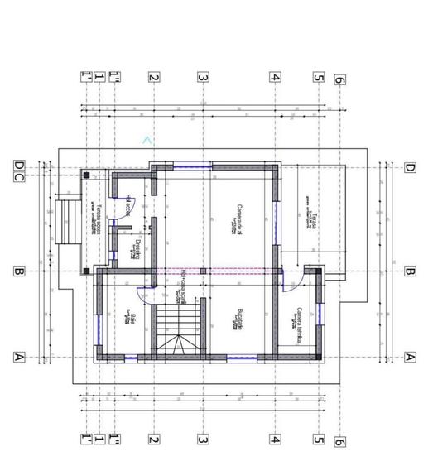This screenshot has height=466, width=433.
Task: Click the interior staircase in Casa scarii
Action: pos(179,329)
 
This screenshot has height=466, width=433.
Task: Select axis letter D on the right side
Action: pos(409,167)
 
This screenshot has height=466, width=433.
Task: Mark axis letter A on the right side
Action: pos(409,357)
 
